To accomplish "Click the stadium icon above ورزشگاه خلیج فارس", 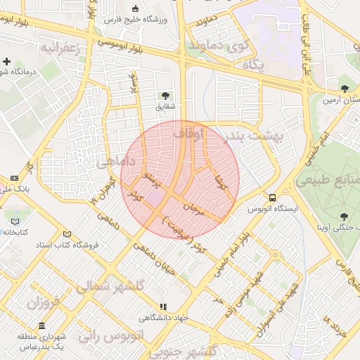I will coord(135,9).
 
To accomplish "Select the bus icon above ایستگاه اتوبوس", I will coord(272,198).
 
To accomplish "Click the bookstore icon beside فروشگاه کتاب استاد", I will coord(67,234).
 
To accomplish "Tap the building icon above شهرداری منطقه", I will coord(42,327).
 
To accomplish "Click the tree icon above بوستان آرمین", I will coord(344,89).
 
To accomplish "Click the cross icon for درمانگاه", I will coord(6,62).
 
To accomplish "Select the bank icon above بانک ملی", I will coord(15,179).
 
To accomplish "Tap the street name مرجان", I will coord(193,209).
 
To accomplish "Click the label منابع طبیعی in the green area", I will coord(328,180).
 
